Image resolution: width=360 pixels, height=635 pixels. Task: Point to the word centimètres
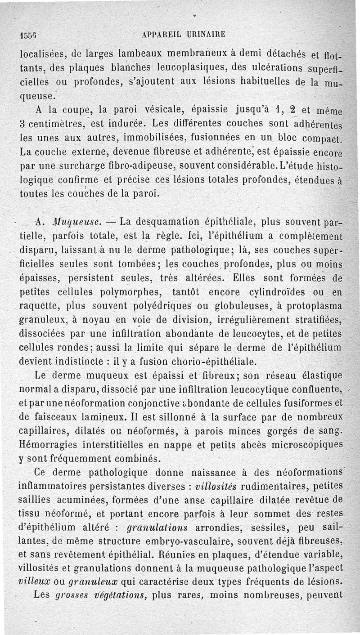55,123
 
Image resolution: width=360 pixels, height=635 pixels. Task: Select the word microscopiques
306,445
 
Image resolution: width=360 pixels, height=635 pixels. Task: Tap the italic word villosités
214,486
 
